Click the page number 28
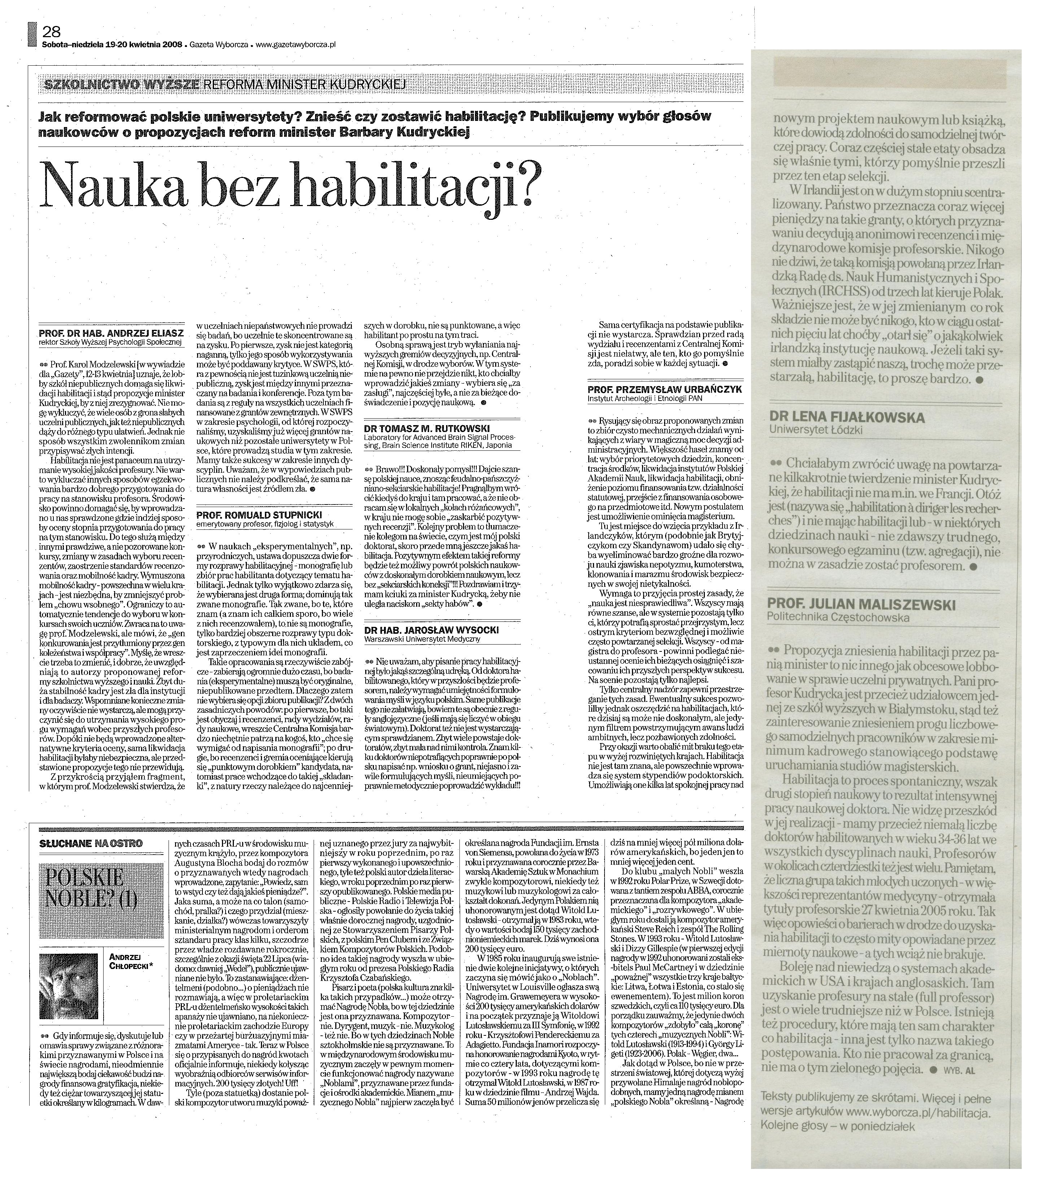coord(51,31)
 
